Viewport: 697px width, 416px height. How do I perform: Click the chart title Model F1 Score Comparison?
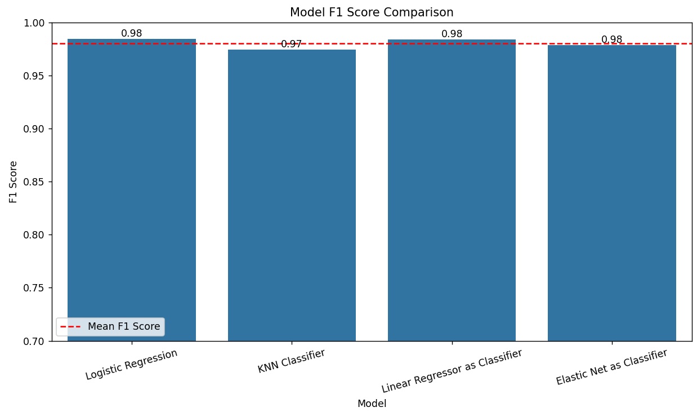pos(372,12)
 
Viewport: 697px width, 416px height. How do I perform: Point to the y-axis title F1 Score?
pos(14,182)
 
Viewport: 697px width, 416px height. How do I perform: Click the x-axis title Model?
pos(372,404)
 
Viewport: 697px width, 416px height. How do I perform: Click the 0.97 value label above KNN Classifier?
pos(292,44)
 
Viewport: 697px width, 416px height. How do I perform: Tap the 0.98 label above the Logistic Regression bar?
pos(132,33)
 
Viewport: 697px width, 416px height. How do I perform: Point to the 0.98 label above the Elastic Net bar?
pos(611,39)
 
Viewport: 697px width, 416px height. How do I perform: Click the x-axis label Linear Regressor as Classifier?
pos(452,370)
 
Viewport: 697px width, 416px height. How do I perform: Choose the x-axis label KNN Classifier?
pos(292,361)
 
